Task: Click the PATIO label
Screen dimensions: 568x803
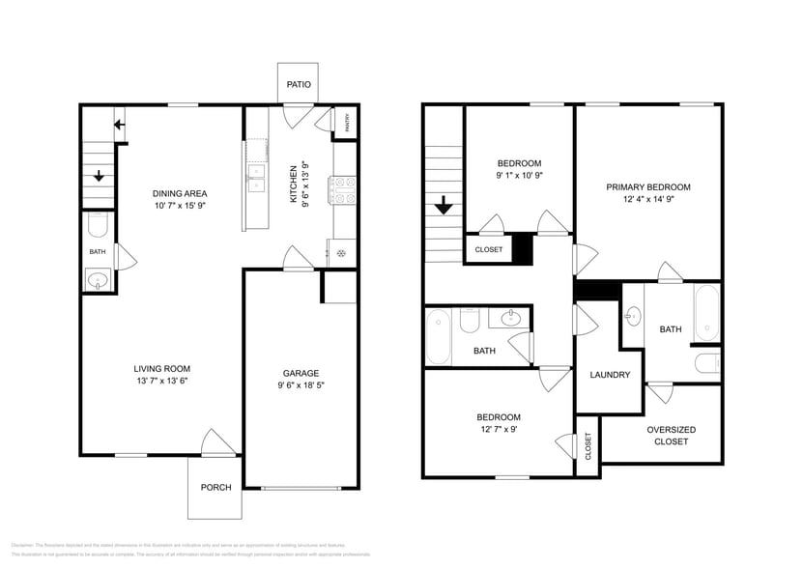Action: (299, 85)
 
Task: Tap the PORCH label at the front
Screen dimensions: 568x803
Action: (215, 487)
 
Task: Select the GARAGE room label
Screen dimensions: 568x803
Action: (301, 373)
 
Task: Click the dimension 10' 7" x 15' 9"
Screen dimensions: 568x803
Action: (181, 206)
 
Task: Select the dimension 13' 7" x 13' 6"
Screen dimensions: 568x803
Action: (161, 381)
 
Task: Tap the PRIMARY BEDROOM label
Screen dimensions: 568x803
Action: (648, 187)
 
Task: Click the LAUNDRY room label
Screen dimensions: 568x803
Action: (610, 375)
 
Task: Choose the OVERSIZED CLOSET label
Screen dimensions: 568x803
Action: (671, 436)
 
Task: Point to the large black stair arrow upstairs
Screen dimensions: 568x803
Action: (443, 206)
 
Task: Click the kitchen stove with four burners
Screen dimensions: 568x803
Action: (345, 189)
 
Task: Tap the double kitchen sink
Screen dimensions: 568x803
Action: (256, 174)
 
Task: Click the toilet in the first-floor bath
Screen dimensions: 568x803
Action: (97, 226)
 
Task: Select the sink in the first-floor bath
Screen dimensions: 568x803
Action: (97, 281)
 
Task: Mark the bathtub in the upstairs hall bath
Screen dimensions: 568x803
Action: (438, 336)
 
